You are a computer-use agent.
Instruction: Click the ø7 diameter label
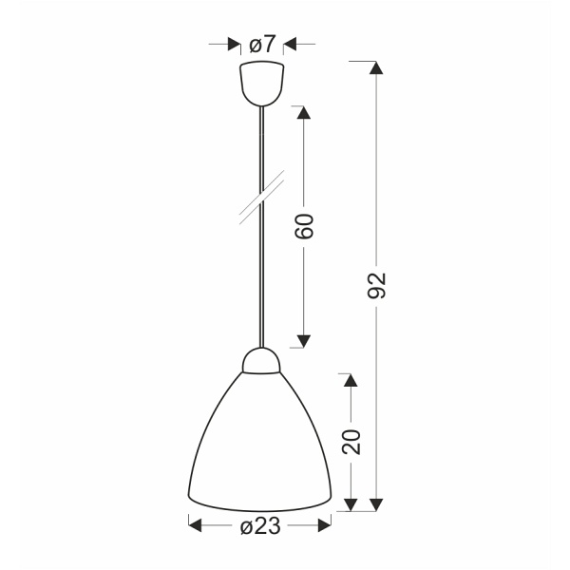(x=261, y=44)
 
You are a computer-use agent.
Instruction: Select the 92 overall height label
(x=377, y=285)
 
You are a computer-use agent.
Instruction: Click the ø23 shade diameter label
(x=260, y=525)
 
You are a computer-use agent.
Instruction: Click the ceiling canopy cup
(x=261, y=83)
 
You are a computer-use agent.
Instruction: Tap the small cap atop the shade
(x=261, y=360)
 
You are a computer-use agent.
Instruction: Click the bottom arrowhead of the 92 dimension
(x=377, y=504)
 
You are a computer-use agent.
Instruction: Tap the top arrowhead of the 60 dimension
(x=305, y=111)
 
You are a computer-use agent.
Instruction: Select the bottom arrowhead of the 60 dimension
(x=305, y=339)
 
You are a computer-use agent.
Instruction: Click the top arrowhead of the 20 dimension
(x=351, y=381)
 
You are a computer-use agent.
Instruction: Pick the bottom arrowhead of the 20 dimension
(x=351, y=504)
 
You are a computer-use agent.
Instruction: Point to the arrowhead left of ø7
(x=233, y=44)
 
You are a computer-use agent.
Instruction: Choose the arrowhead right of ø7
(x=290, y=44)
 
